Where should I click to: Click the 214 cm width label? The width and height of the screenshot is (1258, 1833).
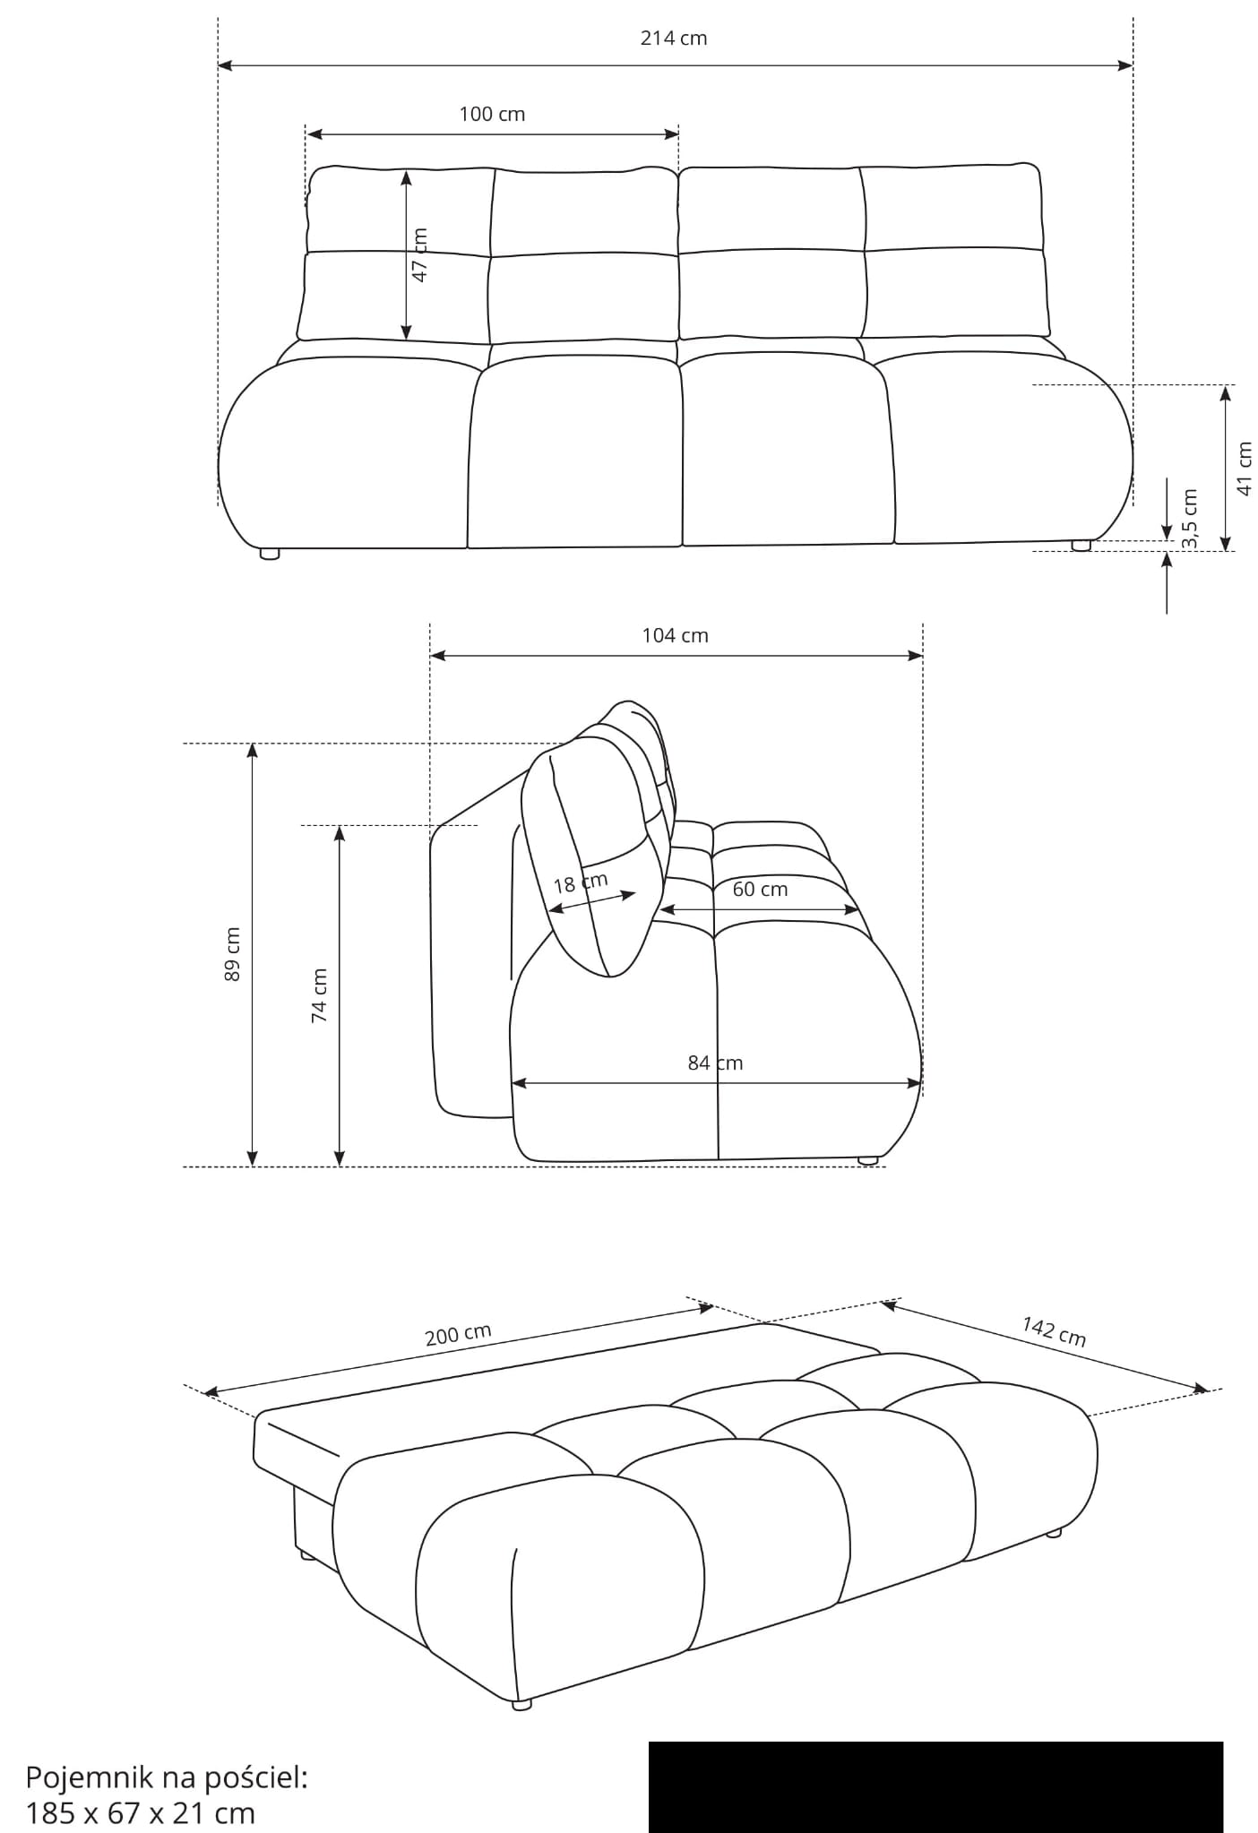(x=674, y=38)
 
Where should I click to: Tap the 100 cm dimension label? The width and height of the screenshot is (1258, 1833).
(x=492, y=114)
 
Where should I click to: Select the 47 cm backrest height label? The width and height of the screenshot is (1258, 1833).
(x=418, y=254)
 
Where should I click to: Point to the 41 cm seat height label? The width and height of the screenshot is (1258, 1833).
(x=1245, y=468)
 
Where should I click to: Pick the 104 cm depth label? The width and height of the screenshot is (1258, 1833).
(x=675, y=635)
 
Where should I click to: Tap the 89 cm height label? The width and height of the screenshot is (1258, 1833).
(x=232, y=953)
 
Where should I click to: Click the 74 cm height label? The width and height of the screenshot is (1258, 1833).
(x=319, y=995)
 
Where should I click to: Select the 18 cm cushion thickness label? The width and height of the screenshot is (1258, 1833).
(x=581, y=883)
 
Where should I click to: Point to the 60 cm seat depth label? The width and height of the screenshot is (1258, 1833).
(x=760, y=889)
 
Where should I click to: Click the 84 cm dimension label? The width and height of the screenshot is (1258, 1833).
(x=715, y=1063)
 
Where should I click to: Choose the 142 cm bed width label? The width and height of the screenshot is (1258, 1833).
(x=1055, y=1331)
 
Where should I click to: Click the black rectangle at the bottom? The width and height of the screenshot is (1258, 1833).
(x=935, y=1786)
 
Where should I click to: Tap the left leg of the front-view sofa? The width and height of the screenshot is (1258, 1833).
(x=270, y=554)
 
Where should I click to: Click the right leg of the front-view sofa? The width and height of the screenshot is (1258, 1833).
(x=1081, y=545)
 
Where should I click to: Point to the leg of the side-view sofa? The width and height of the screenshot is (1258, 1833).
(x=867, y=1160)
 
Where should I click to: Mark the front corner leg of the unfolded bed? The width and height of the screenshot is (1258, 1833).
(x=521, y=1705)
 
